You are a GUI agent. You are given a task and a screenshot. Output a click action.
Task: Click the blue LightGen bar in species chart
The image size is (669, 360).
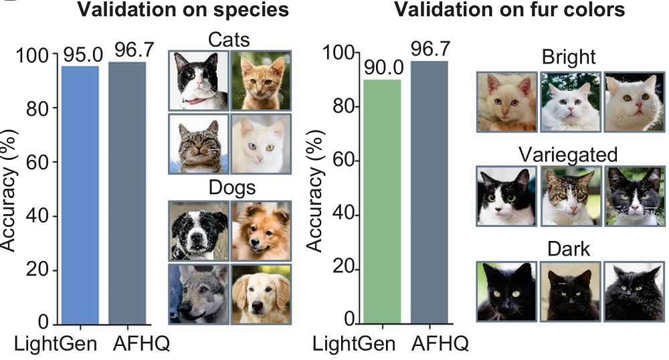click(80, 194)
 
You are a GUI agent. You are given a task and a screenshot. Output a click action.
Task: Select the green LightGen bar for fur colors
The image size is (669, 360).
click(381, 201)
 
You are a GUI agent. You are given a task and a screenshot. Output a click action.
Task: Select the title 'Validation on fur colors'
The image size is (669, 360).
click(510, 11)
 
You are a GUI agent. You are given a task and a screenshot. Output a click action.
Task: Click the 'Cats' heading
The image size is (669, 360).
click(229, 39)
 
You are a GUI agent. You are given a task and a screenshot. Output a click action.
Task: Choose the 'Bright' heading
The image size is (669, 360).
click(569, 58)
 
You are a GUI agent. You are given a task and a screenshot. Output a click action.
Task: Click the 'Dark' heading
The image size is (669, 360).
click(569, 250)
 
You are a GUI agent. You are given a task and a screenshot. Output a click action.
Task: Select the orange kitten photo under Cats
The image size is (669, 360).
click(261, 81)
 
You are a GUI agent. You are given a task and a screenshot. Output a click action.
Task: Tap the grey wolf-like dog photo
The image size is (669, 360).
click(198, 294)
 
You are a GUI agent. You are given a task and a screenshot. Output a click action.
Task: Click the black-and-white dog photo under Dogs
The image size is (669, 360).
click(198, 230)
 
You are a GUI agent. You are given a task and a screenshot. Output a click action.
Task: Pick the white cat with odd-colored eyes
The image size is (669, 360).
click(261, 143)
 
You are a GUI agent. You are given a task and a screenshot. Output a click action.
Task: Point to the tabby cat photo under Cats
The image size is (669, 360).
click(198, 143)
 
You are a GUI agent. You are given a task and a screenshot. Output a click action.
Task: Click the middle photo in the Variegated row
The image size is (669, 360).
click(569, 196)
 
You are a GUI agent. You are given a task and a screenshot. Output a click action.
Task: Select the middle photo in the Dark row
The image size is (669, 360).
click(569, 291)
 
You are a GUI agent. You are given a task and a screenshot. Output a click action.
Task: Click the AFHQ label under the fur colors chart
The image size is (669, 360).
click(440, 344)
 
